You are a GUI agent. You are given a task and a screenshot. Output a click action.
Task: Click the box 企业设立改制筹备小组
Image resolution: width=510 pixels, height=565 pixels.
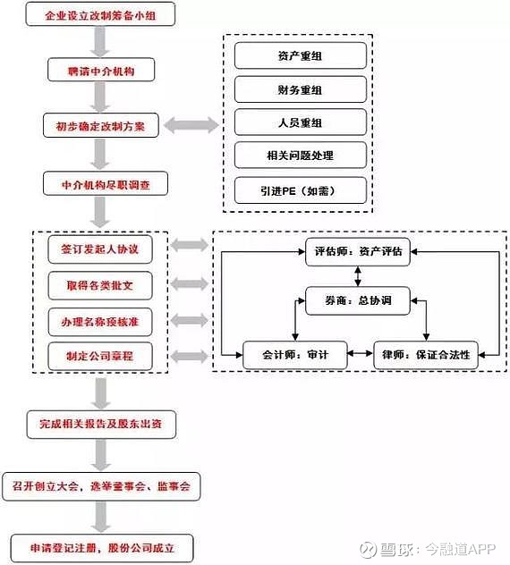(x=100, y=14)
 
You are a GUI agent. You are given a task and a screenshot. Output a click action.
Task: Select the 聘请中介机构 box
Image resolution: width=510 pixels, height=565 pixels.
(x=101, y=70)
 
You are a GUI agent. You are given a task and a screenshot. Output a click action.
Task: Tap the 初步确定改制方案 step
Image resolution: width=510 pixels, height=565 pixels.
(x=101, y=125)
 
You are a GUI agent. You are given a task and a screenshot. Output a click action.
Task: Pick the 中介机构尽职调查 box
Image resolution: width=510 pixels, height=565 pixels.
(x=106, y=184)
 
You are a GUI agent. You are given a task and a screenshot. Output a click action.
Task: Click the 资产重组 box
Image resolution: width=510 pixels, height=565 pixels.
(x=301, y=55)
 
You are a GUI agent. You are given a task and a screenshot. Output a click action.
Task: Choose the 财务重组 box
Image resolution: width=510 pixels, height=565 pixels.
(x=301, y=89)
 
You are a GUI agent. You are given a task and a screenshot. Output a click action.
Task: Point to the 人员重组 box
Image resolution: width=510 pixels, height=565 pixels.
(x=301, y=122)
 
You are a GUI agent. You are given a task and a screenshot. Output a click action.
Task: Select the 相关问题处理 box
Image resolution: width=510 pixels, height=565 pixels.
(x=301, y=156)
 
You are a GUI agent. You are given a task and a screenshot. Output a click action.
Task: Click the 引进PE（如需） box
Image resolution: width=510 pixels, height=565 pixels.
(x=301, y=190)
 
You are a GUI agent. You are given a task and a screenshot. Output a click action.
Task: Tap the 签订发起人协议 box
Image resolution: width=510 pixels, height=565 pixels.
(x=100, y=249)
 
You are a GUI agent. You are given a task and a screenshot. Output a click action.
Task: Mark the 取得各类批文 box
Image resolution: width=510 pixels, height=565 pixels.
(x=100, y=286)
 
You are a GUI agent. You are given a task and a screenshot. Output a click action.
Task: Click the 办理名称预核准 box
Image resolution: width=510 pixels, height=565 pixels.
(x=100, y=322)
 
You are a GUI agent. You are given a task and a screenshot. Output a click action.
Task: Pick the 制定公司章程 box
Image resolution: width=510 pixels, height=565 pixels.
(x=100, y=356)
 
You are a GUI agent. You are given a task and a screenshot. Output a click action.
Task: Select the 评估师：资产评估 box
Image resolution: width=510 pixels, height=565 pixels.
(x=358, y=251)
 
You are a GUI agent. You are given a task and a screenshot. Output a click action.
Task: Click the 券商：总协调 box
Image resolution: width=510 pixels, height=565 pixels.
(x=358, y=300)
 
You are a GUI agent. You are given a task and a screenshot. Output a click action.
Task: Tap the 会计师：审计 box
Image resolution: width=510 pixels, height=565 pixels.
(x=295, y=355)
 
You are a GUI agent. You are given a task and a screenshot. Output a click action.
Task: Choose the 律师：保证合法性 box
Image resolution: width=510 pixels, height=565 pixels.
(x=426, y=355)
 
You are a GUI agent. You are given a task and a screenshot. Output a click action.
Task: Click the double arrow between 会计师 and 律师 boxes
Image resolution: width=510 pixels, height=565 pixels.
(x=361, y=353)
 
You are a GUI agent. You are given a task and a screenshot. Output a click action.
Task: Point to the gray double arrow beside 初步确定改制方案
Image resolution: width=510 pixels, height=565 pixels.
(x=191, y=125)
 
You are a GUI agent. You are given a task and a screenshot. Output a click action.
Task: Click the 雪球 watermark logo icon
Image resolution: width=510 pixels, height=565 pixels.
(x=368, y=550)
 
